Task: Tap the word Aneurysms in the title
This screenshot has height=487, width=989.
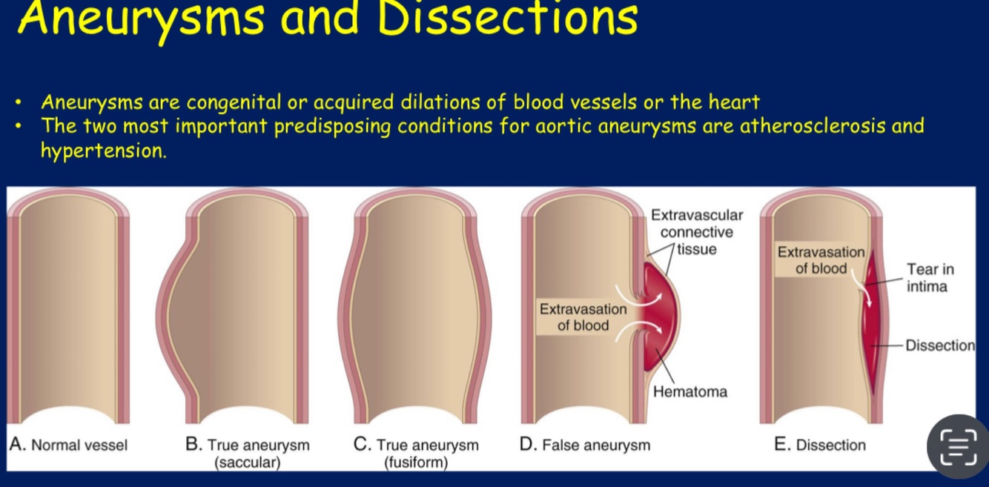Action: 140,19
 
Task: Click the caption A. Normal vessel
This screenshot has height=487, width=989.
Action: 68,445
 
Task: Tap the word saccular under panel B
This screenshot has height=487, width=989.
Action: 248,463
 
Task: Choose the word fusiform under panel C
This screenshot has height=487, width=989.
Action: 416,463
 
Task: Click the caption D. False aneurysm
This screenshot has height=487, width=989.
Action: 585,445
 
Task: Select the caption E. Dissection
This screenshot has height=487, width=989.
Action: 819,445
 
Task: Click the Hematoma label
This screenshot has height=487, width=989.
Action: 689,391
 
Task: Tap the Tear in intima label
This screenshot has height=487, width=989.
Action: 930,278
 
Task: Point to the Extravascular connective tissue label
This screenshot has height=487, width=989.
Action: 696,232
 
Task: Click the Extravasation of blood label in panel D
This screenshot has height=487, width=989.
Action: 583,317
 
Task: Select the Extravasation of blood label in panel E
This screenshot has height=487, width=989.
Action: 821,260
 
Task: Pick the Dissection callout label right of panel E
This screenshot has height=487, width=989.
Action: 940,345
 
